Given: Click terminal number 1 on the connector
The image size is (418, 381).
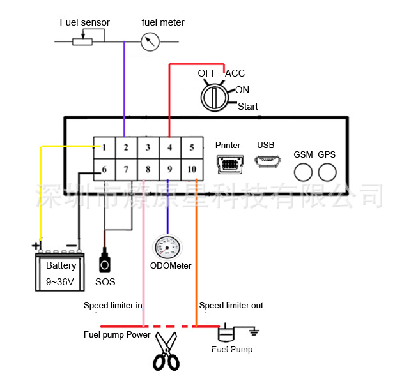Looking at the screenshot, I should point(104,147).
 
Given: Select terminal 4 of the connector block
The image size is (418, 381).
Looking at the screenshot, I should point(169,147).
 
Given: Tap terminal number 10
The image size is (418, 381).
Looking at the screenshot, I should point(191,169).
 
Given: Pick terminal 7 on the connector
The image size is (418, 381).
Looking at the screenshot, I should point(126,169).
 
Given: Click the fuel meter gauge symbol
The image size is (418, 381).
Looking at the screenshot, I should point(150,42).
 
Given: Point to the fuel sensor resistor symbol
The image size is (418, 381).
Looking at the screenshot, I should point(82,41).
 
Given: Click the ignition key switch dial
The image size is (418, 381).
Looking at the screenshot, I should point(213,98).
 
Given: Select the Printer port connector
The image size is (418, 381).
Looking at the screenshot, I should point(228,165).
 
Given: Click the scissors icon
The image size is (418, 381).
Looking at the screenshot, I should point(166,352).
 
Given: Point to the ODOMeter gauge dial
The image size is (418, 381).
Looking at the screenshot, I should point(168,247).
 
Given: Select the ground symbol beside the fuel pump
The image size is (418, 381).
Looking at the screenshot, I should point(252,331).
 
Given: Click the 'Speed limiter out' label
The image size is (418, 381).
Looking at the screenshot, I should point(231,306).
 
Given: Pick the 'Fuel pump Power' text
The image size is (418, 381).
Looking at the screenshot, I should point(117,334).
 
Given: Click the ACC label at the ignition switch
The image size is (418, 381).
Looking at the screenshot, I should point(235,73).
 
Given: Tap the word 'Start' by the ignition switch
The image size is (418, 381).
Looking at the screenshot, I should point(248,107).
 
